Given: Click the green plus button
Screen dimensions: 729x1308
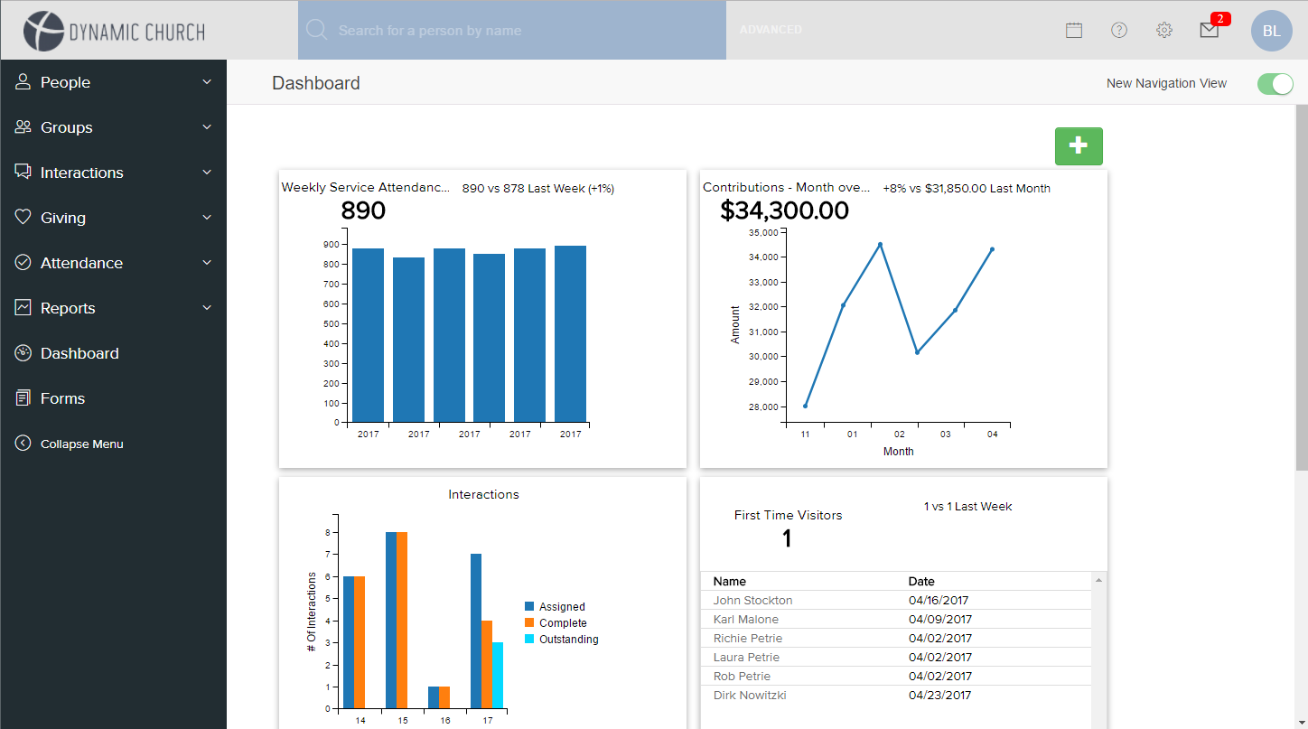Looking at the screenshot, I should (1079, 146).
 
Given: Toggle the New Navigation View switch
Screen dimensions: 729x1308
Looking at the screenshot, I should (1275, 84).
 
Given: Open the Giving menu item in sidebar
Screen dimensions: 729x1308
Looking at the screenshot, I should (63, 218).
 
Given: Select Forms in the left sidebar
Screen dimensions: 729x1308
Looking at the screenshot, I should (62, 398).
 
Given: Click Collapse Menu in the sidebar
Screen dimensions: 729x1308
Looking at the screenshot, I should (81, 444).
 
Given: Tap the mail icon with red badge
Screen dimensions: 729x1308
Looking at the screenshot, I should (1210, 30).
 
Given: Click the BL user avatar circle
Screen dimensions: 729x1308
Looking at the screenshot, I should (1271, 31).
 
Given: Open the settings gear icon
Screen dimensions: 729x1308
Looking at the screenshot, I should (1164, 30).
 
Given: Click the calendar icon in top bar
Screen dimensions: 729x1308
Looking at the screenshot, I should (1074, 30).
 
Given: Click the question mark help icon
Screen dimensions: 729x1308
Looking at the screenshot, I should (1119, 30).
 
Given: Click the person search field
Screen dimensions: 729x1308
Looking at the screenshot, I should (512, 31).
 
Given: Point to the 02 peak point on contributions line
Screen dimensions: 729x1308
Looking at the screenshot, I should (880, 245).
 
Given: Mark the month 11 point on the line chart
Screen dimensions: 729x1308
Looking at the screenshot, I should (805, 406).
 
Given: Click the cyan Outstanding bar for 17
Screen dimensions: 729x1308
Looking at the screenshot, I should (498, 675).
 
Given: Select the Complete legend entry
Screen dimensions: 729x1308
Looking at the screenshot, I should (563, 623).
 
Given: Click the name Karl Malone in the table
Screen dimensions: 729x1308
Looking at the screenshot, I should (745, 620).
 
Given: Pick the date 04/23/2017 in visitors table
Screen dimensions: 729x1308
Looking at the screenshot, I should (940, 696).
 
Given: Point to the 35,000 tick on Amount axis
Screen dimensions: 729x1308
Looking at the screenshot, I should (763, 232).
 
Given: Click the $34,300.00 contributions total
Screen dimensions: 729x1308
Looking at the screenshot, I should (784, 211).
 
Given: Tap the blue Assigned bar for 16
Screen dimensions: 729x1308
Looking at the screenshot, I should (434, 697).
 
